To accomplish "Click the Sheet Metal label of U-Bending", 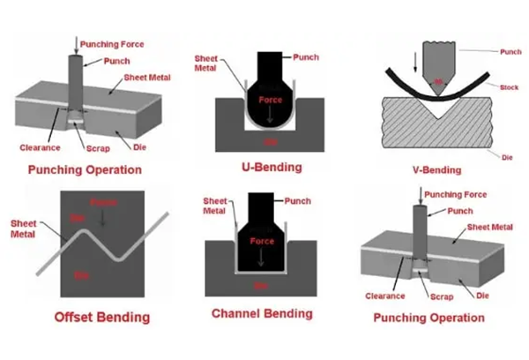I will (x=206, y=64).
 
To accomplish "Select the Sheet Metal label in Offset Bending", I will (x=22, y=229).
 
